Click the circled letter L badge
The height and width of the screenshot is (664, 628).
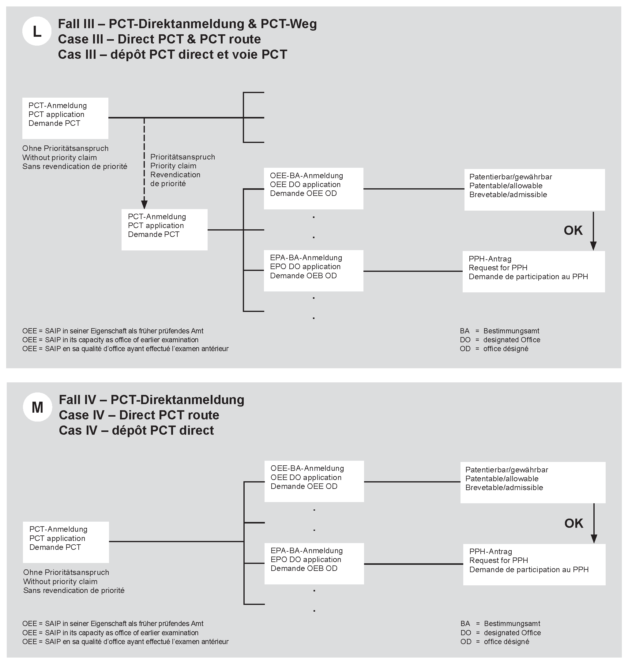point(36,31)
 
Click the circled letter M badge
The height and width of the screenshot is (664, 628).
point(37,407)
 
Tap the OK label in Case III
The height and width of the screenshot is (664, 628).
point(573,230)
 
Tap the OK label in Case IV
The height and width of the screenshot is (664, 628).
point(573,523)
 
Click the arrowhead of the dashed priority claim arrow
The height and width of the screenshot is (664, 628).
point(144,204)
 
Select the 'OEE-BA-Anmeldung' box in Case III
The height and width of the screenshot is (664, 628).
point(313,188)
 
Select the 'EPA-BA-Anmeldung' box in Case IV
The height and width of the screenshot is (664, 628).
point(314,564)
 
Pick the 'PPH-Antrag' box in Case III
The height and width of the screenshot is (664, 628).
point(533,272)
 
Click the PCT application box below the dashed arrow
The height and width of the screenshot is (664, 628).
point(164,230)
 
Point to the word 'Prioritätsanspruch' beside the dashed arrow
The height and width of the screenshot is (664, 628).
point(182,157)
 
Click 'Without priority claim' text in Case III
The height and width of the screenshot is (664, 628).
point(60,158)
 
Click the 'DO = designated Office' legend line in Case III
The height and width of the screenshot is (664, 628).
point(500,340)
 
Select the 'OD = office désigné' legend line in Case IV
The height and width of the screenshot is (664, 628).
point(495,642)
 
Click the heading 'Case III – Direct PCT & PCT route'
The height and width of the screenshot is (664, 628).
point(159,39)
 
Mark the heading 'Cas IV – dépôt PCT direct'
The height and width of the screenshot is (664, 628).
point(136,430)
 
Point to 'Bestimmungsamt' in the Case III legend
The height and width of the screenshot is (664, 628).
point(511,331)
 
